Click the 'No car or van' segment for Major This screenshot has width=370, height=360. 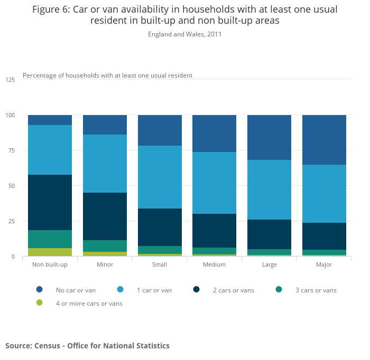click(324, 140)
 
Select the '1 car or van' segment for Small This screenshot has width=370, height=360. click(160, 177)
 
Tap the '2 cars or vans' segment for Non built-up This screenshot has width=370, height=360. click(50, 202)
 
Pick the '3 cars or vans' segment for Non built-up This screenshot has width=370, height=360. click(50, 239)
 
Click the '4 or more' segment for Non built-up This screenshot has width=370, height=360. click(50, 252)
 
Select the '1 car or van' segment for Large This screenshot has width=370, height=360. click(269, 190)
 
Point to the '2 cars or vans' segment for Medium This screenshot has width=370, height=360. click(214, 231)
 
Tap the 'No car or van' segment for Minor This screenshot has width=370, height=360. click(105, 125)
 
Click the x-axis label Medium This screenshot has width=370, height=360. click(214, 264)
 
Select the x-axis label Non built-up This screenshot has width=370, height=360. click(50, 264)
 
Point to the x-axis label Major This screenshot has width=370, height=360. click(324, 264)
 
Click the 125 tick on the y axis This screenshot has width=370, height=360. click(10, 80)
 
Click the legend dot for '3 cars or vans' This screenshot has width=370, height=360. click(279, 289)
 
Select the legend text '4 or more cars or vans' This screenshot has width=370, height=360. click(89, 304)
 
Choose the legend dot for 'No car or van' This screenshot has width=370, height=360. click(40, 289)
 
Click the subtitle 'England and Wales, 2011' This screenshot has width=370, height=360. click(184, 34)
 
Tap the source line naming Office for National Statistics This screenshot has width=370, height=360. click(87, 346)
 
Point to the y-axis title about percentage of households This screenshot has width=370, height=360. click(107, 75)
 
